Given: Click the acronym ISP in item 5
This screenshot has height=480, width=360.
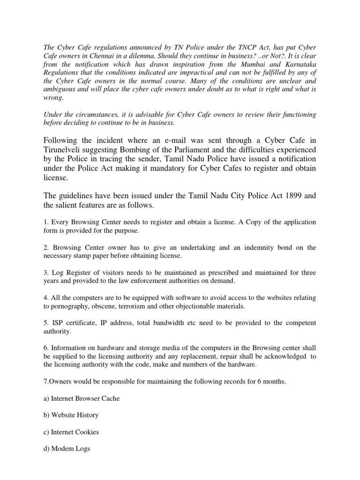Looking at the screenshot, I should [58, 323].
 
